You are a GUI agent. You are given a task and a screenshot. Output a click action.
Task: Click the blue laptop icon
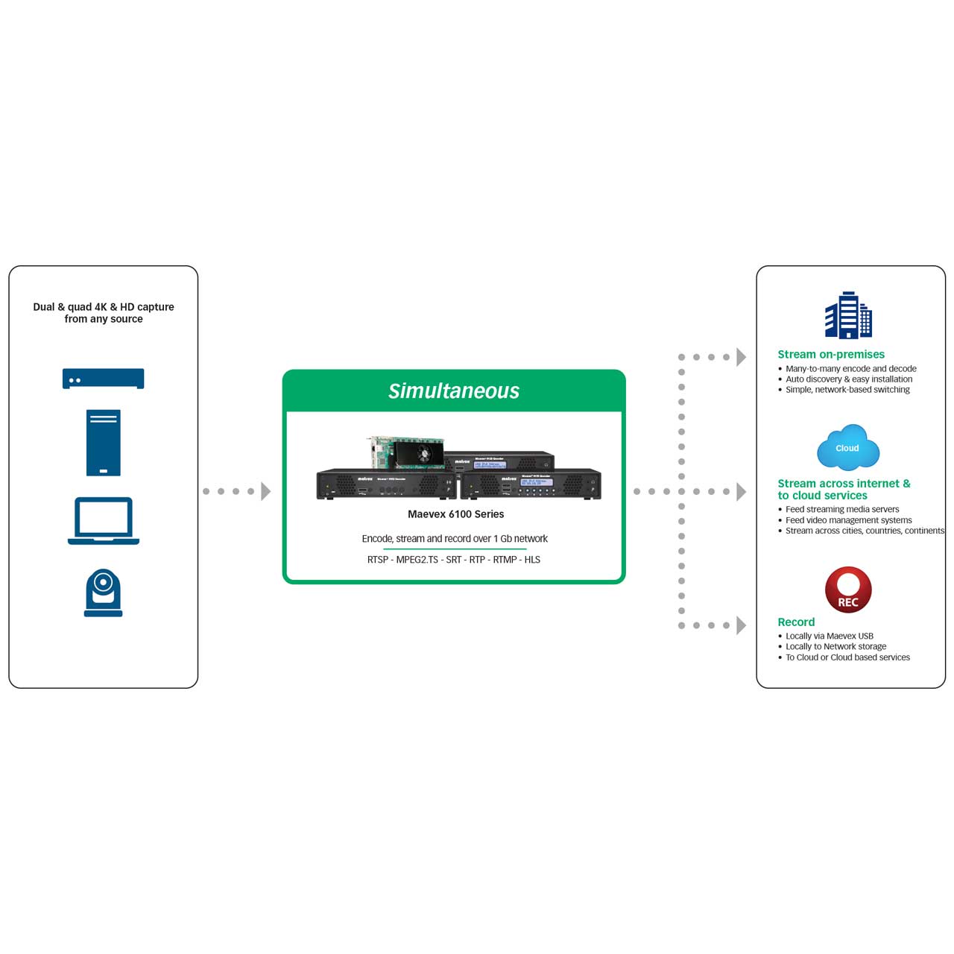click(x=104, y=520)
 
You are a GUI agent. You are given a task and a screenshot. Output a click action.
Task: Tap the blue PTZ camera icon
click(x=103, y=593)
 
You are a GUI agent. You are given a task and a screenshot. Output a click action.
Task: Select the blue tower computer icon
click(x=103, y=442)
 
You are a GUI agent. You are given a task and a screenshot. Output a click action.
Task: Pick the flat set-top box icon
click(x=103, y=378)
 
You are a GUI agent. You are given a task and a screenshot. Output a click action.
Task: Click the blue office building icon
click(x=848, y=315)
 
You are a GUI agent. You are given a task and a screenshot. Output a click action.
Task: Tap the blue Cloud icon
click(x=847, y=447)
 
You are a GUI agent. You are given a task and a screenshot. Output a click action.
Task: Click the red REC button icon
click(x=848, y=590)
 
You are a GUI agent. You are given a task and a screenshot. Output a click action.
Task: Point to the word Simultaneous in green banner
click(x=453, y=391)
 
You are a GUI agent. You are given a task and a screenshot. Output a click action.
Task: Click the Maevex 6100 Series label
click(x=455, y=514)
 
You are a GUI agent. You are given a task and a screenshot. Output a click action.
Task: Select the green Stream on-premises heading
click(x=831, y=355)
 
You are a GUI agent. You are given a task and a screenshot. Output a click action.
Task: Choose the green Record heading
click(x=796, y=622)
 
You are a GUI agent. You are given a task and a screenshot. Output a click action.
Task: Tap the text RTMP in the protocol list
click(x=505, y=560)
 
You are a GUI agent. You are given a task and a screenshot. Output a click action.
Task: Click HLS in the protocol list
click(x=532, y=560)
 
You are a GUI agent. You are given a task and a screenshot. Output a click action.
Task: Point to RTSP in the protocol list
click(x=377, y=560)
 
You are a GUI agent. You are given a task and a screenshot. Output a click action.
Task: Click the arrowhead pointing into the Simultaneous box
click(x=265, y=491)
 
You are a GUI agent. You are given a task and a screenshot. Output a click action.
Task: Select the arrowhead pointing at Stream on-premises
click(x=741, y=357)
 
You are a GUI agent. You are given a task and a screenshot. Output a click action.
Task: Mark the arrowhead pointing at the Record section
click(x=741, y=625)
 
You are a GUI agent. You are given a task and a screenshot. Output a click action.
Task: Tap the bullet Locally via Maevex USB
click(x=829, y=636)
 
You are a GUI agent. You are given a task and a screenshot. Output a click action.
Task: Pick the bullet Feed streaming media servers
click(x=842, y=510)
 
